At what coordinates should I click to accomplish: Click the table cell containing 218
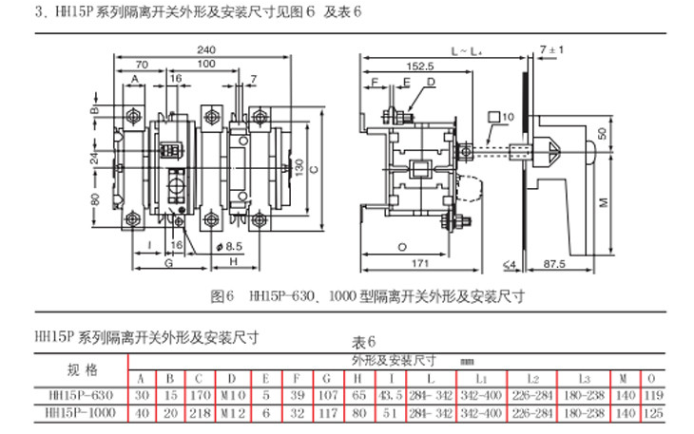200,412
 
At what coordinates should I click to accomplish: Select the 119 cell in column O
651,395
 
